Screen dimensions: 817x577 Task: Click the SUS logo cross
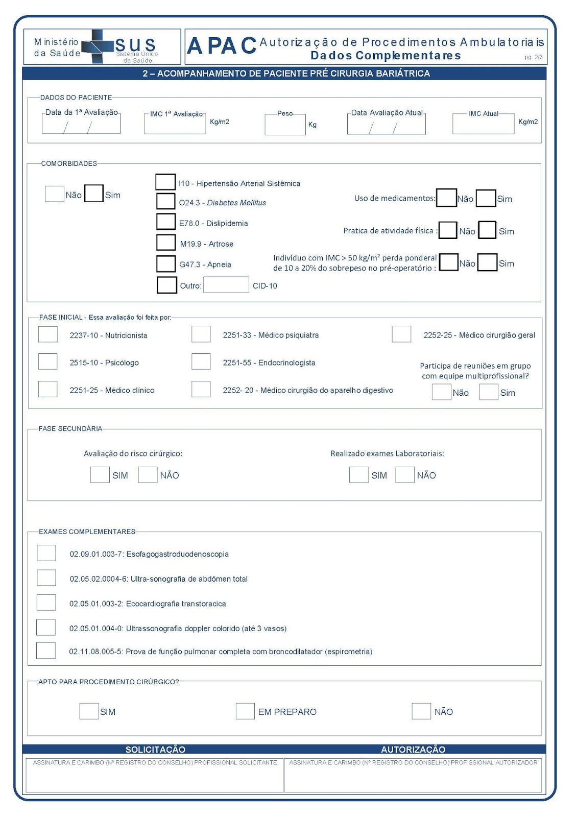click(x=97, y=46)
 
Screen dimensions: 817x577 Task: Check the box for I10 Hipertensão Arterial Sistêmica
click(x=165, y=182)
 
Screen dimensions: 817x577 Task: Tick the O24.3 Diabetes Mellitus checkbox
click(x=165, y=201)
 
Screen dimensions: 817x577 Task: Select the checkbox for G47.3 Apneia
click(x=166, y=263)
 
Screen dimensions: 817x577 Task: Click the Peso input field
click(x=285, y=125)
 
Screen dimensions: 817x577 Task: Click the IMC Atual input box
click(x=483, y=124)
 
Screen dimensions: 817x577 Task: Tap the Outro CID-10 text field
click(x=226, y=285)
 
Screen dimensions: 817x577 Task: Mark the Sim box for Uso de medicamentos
click(x=486, y=198)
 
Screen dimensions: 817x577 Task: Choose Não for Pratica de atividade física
click(x=448, y=230)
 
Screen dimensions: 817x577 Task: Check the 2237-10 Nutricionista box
click(x=48, y=334)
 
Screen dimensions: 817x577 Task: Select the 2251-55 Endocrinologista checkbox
click(x=201, y=362)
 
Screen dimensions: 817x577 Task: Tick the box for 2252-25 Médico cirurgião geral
click(x=401, y=334)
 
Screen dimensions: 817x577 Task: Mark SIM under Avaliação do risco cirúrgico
click(x=100, y=474)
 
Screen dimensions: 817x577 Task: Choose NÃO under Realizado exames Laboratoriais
click(x=404, y=474)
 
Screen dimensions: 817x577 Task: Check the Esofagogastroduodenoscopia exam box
click(x=46, y=553)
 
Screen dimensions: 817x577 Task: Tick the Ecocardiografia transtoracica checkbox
click(x=46, y=603)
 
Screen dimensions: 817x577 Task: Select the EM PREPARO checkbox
click(x=245, y=711)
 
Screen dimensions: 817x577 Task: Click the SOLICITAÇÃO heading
click(x=155, y=749)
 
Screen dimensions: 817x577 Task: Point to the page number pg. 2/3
click(x=534, y=57)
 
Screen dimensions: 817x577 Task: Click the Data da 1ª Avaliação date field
click(x=81, y=125)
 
